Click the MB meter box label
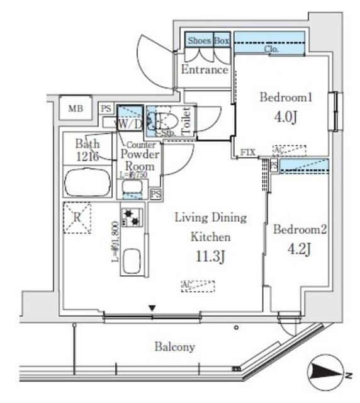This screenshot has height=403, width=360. pyautogui.click(x=76, y=108)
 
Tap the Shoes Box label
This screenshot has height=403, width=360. pyautogui.click(x=207, y=40)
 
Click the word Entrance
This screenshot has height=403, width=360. pyautogui.click(x=204, y=70)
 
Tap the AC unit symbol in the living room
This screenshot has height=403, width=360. pyautogui.click(x=197, y=286)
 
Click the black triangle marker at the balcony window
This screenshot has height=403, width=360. pyautogui.click(x=152, y=308)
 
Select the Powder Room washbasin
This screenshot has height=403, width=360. pyautogui.click(x=132, y=187)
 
